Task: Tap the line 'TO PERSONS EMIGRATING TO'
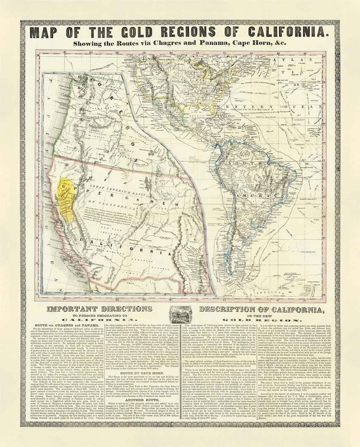tap(102, 316)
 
